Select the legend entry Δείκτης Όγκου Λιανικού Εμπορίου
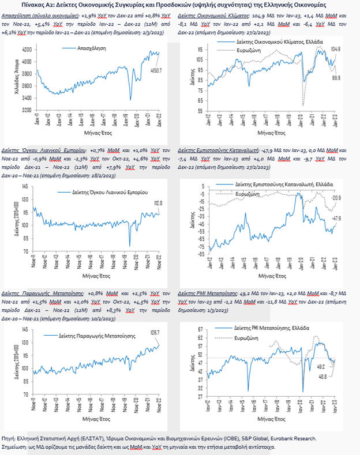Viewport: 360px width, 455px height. (x=109, y=190)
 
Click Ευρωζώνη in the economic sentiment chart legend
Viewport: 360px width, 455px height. (x=243, y=50)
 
